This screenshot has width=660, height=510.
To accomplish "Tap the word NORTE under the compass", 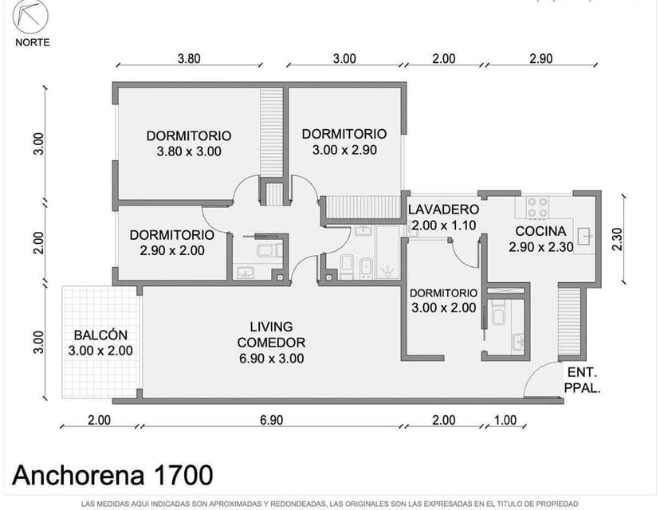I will pyautogui.click(x=32, y=42).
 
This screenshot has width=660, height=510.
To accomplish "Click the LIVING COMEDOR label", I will pyautogui.click(x=271, y=342).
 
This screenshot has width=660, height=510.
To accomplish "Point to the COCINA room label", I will pyautogui.click(x=541, y=231).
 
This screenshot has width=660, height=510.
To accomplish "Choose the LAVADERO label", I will pyautogui.click(x=444, y=210).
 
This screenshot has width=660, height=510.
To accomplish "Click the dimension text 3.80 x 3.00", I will pyautogui.click(x=188, y=151).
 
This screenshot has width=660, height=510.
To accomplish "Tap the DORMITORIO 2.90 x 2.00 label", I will pyautogui.click(x=171, y=242).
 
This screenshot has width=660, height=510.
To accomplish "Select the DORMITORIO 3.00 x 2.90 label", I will pyautogui.click(x=344, y=141).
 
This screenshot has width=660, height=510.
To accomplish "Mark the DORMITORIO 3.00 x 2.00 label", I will pyautogui.click(x=443, y=300).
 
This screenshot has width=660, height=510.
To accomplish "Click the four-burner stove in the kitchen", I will pyautogui.click(x=537, y=208).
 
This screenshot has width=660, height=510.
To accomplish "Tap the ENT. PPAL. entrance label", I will pyautogui.click(x=582, y=381).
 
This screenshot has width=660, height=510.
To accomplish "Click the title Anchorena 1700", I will pyautogui.click(x=113, y=476).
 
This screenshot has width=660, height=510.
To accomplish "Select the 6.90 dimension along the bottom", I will pyautogui.click(x=272, y=420).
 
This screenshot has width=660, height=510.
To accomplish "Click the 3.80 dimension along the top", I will pyautogui.click(x=189, y=58).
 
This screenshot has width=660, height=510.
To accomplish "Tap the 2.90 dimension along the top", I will pyautogui.click(x=540, y=58).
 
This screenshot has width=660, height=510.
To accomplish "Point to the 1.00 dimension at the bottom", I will pyautogui.click(x=505, y=420).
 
